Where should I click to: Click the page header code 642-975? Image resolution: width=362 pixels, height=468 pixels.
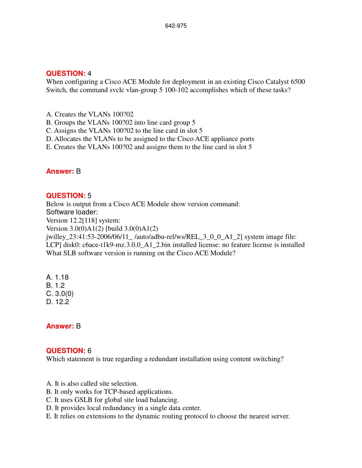click(x=176, y=26)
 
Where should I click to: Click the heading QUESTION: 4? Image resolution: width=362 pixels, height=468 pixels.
click(x=69, y=73)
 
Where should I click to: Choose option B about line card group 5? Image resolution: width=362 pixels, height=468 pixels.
click(x=121, y=123)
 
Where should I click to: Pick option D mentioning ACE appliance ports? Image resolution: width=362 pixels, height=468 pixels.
click(x=150, y=139)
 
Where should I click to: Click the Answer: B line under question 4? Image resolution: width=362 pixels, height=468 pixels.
click(x=63, y=171)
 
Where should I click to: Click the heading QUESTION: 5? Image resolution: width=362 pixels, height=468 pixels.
click(x=69, y=196)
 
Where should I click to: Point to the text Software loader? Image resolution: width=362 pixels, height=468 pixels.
click(x=72, y=212)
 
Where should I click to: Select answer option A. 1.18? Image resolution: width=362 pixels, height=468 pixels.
click(x=57, y=277)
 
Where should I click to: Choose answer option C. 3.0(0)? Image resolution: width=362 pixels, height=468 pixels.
click(x=60, y=294)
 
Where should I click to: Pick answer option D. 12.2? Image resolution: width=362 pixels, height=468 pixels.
click(x=57, y=302)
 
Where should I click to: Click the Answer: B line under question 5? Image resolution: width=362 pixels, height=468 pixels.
click(x=63, y=326)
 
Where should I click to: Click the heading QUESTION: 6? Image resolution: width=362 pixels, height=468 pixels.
click(x=69, y=351)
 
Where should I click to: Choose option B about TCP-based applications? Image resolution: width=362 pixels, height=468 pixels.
click(x=110, y=392)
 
